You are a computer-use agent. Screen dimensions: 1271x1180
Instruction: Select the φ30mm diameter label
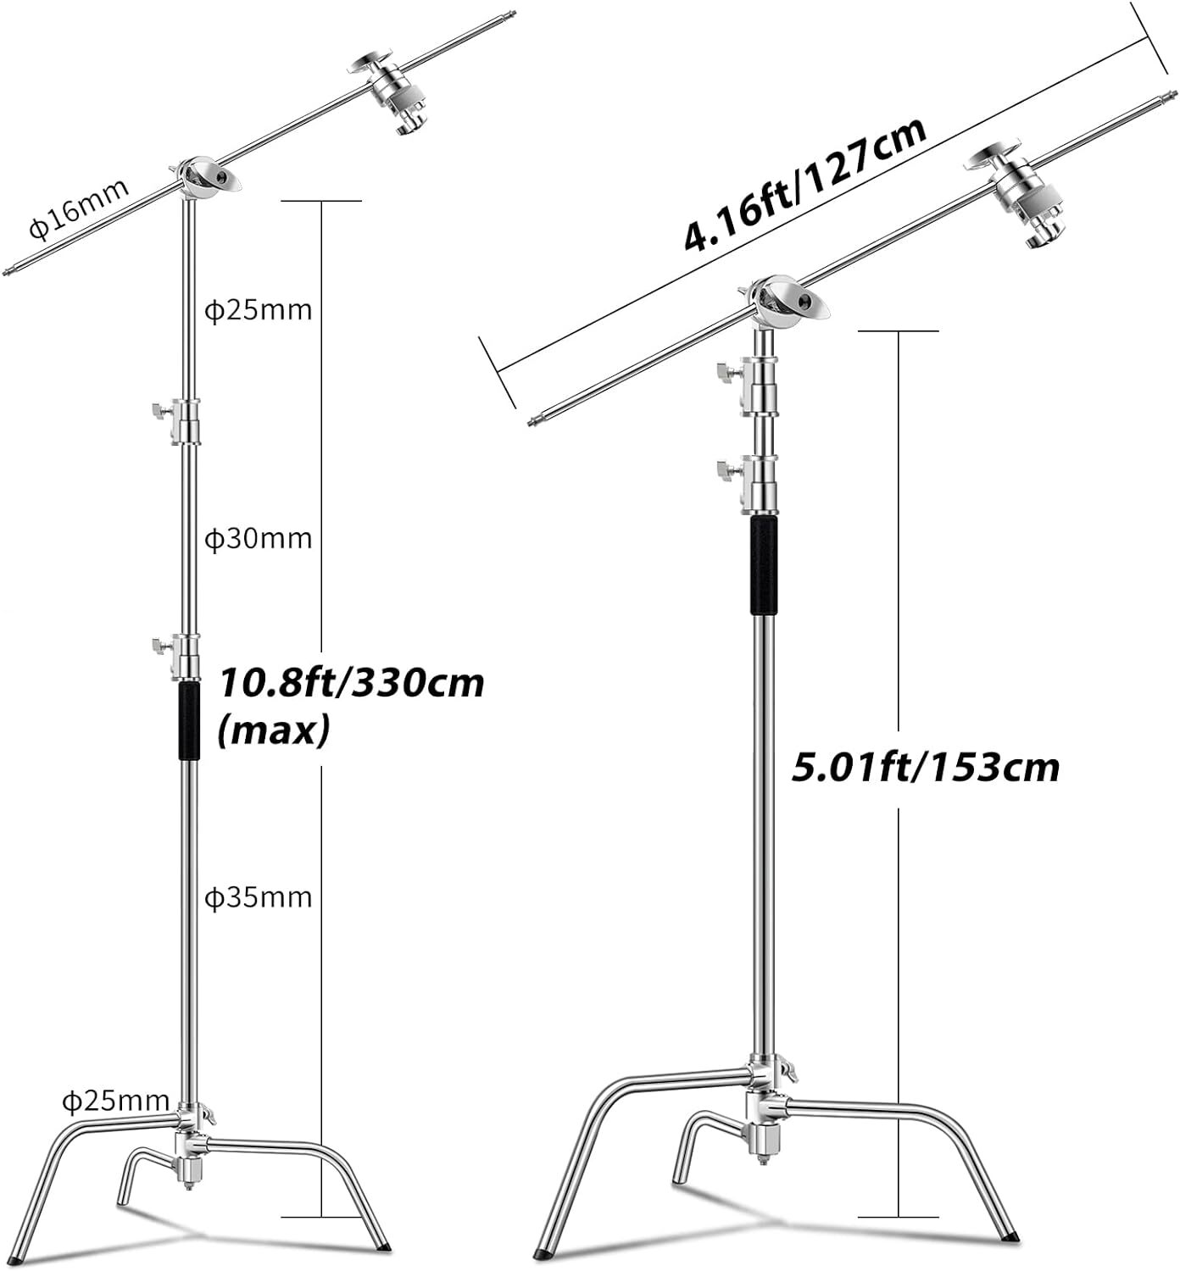pyautogui.click(x=259, y=539)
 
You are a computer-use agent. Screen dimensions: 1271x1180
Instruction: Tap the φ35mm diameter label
pyautogui.click(x=259, y=896)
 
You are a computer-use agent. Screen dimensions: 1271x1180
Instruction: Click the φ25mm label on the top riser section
pyautogui.click(x=259, y=310)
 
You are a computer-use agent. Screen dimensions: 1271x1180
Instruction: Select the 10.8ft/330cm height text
pyautogui.click(x=352, y=683)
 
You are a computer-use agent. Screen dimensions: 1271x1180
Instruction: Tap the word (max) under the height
pyautogui.click(x=273, y=730)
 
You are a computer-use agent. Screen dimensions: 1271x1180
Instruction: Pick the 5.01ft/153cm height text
pyautogui.click(x=925, y=768)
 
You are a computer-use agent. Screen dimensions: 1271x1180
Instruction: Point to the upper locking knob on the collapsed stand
pyautogui.click(x=726, y=372)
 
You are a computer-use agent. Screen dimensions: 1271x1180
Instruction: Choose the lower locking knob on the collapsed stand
pyautogui.click(x=726, y=469)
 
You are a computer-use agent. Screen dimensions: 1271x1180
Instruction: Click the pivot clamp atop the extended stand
pyautogui.click(x=207, y=178)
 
